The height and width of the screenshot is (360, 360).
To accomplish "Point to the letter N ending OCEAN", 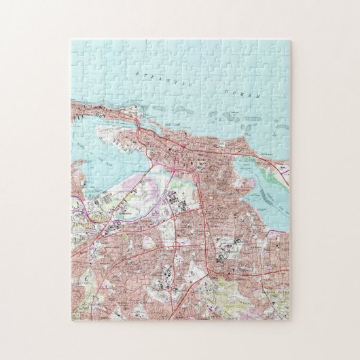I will (x=259, y=98).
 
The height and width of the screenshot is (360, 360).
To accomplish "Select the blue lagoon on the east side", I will (x=262, y=190).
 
